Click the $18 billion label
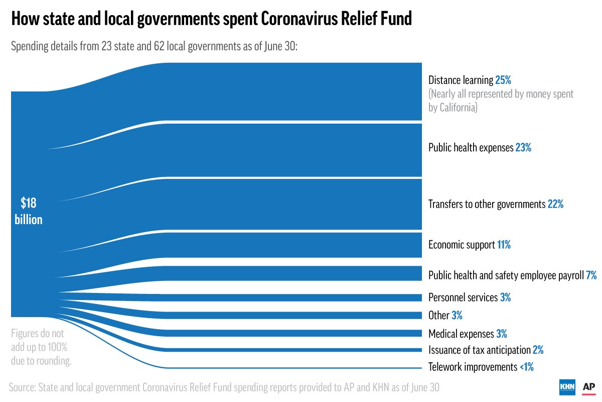tap(29, 211)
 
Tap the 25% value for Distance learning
tap(503, 80)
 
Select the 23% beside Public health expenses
tap(523, 148)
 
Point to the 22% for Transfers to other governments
tap(555, 205)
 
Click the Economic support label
tap(462, 245)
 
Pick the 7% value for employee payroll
tap(591, 275)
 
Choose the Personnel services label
tap(463, 297)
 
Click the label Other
tap(438, 316)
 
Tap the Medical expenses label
tap(461, 334)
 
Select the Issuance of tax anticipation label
tap(479, 350)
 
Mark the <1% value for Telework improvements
tap(526, 367)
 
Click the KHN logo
tap(567, 387)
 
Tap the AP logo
tap(588, 387)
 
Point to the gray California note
tap(501, 100)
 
